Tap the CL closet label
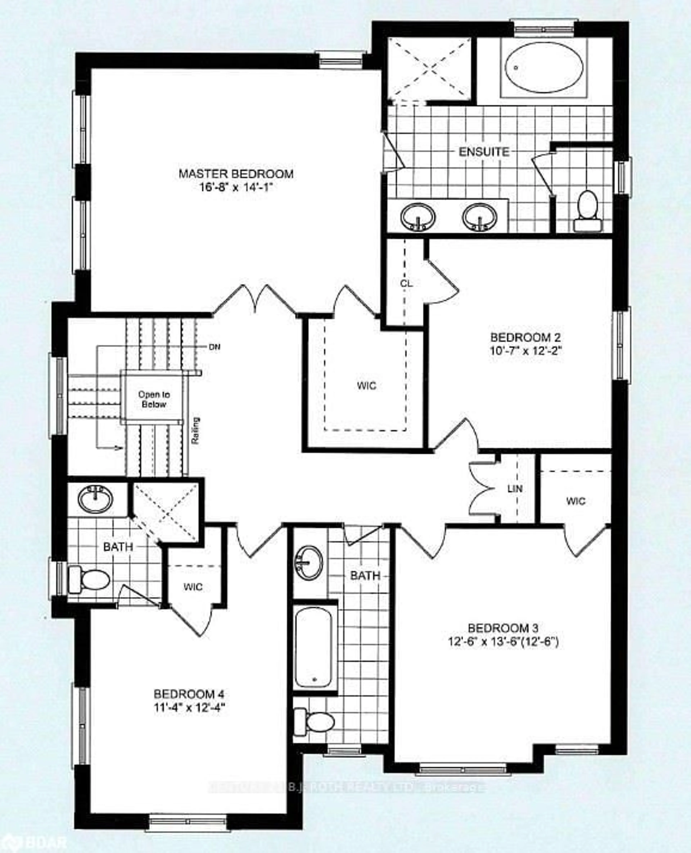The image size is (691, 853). coord(406,284)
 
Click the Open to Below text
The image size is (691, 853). coord(154,399)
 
